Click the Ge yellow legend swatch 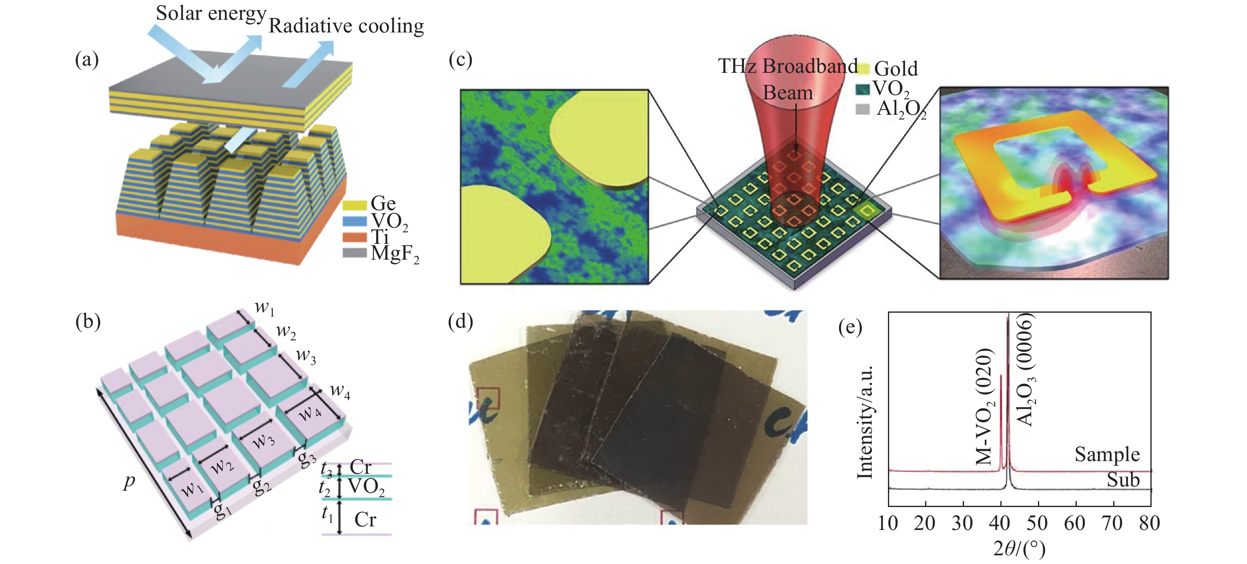[x=354, y=205]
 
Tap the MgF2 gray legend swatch [x=354, y=253]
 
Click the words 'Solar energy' [x=211, y=13]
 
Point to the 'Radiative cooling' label [x=346, y=26]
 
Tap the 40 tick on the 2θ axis [x=1000, y=523]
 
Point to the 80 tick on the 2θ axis [x=1149, y=523]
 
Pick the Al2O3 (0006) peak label [x=1025, y=370]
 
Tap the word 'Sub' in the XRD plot [x=1123, y=480]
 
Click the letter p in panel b [x=129, y=481]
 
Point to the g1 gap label [x=222, y=510]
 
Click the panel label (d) [x=460, y=321]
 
